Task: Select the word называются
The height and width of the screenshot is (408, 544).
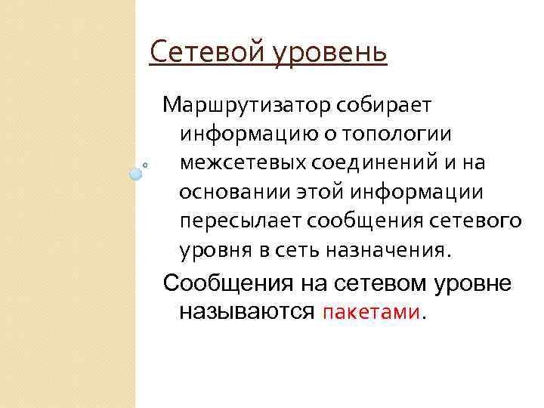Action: click(246, 311)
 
